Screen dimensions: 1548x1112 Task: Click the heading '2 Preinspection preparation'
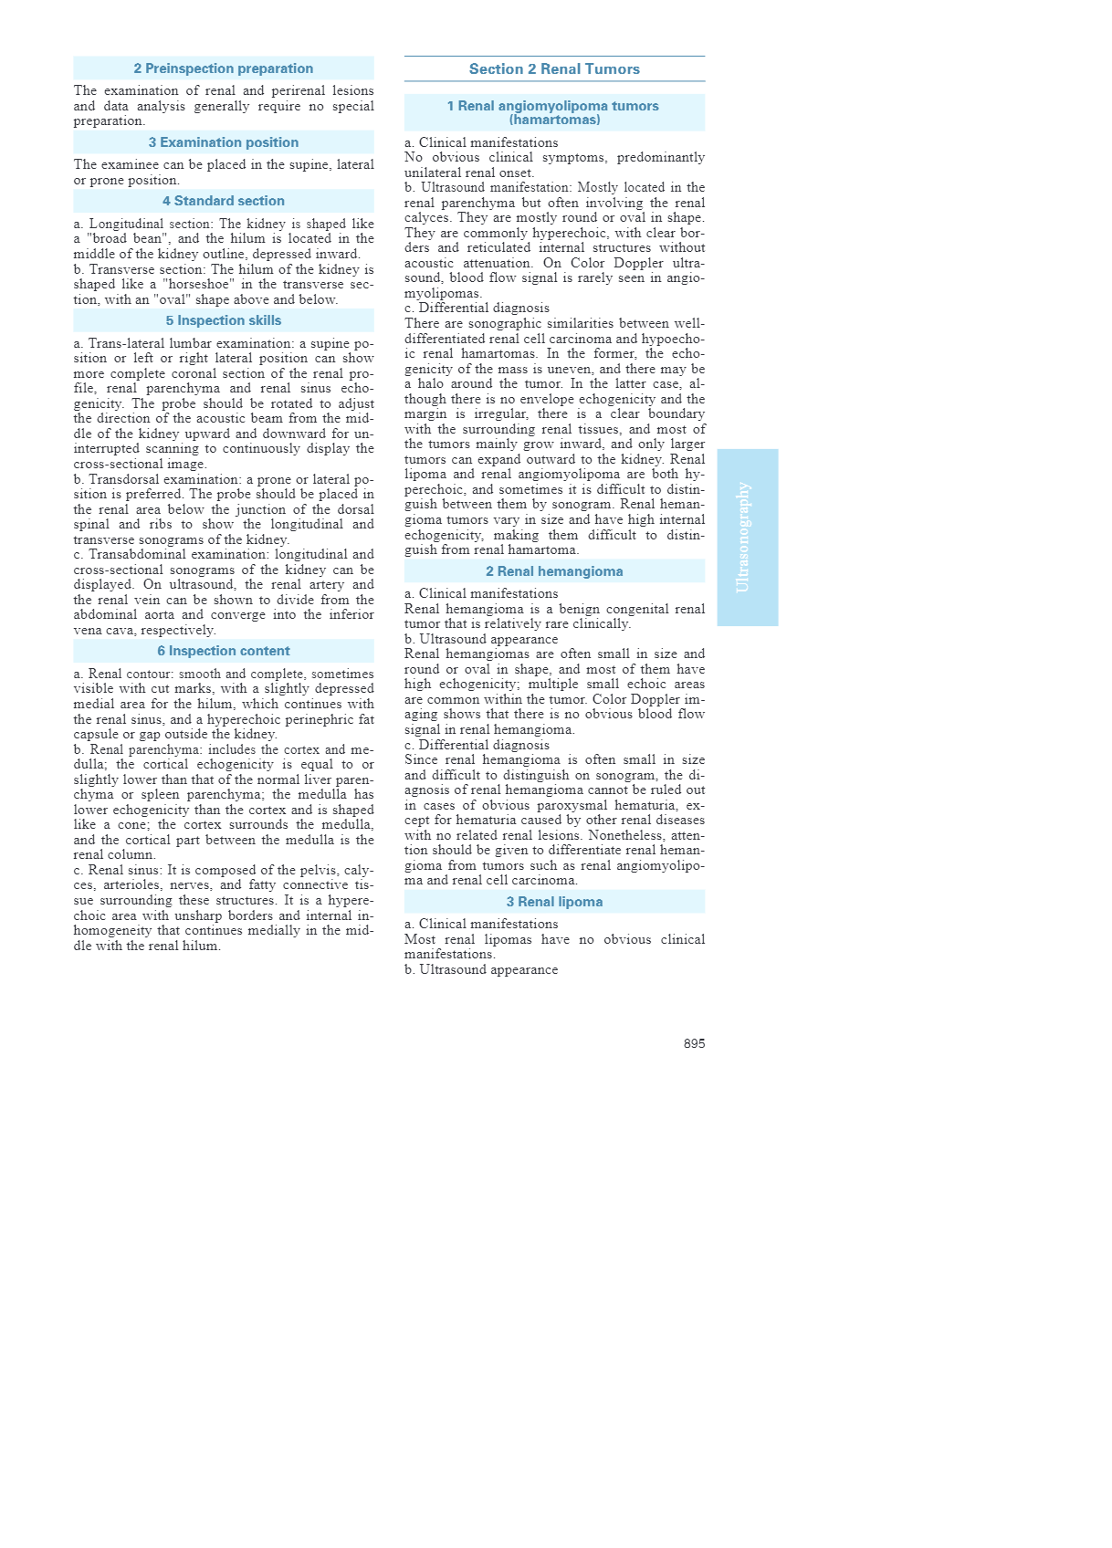click(223, 68)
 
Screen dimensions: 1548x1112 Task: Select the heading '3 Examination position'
click(223, 142)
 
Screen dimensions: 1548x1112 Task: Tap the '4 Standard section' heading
click(223, 201)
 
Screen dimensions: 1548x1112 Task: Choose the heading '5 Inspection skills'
click(223, 320)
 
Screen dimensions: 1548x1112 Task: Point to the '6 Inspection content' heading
click(223, 651)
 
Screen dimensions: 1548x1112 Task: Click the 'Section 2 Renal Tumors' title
click(554, 69)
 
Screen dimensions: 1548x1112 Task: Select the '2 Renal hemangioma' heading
click(554, 571)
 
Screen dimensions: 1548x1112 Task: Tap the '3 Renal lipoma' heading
click(554, 902)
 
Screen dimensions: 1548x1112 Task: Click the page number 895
click(694, 1043)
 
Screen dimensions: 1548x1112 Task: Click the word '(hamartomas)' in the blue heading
click(554, 120)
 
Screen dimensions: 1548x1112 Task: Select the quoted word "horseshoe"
click(198, 285)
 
